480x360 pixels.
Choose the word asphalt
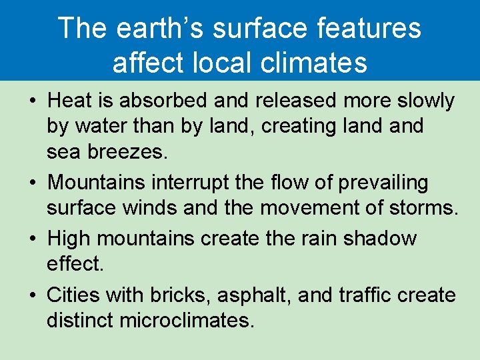[251, 295]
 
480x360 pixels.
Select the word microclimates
[187, 321]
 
